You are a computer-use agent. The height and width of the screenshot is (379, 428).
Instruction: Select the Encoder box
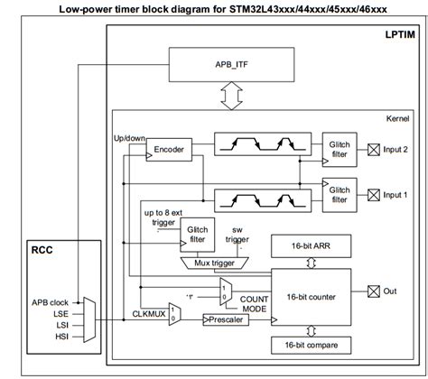point(168,149)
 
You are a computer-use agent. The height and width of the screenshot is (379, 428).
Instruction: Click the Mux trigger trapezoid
point(217,263)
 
